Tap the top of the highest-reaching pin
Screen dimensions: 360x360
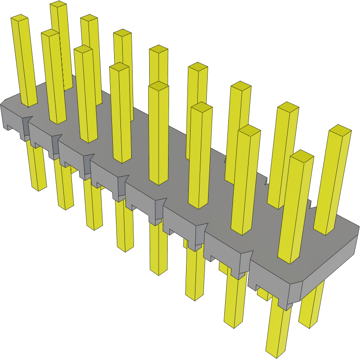58,5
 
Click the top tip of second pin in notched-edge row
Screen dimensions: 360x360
83,49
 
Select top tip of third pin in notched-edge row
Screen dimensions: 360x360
119,67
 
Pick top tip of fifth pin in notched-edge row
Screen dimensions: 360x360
201,107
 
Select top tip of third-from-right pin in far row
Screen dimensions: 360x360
240,85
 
